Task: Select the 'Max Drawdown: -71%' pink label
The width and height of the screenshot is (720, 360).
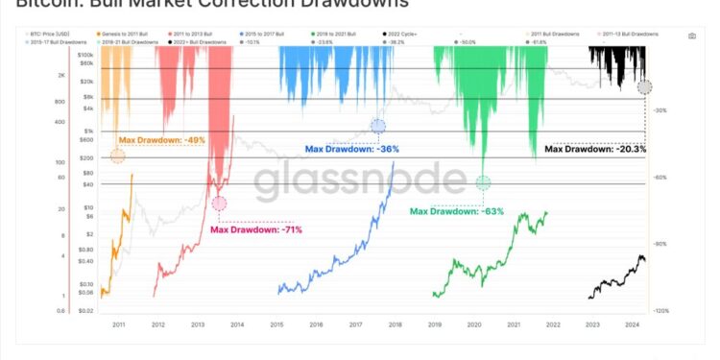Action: pos(256,229)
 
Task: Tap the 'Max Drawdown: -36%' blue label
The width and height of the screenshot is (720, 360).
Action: pos(351,149)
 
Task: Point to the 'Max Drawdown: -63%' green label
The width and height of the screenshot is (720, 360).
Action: pos(457,210)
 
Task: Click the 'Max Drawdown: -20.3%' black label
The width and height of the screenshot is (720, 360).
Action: pos(595,149)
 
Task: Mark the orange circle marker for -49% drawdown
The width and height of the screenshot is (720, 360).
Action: pos(117,156)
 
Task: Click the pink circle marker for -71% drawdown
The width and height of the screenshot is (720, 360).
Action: pos(220,203)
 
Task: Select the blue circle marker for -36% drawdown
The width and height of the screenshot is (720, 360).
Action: pos(378,126)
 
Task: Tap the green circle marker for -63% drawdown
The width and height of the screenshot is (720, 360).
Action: pos(483,182)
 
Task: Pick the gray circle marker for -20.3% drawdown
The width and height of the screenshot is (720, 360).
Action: pos(645,87)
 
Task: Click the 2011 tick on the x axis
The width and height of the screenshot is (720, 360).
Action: pos(118,325)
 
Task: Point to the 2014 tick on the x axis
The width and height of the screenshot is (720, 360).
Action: pos(237,325)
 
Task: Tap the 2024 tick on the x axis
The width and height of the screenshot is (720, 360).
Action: pos(632,325)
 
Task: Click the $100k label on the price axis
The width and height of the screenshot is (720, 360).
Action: pos(85,56)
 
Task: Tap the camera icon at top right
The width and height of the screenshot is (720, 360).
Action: pos(691,36)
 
